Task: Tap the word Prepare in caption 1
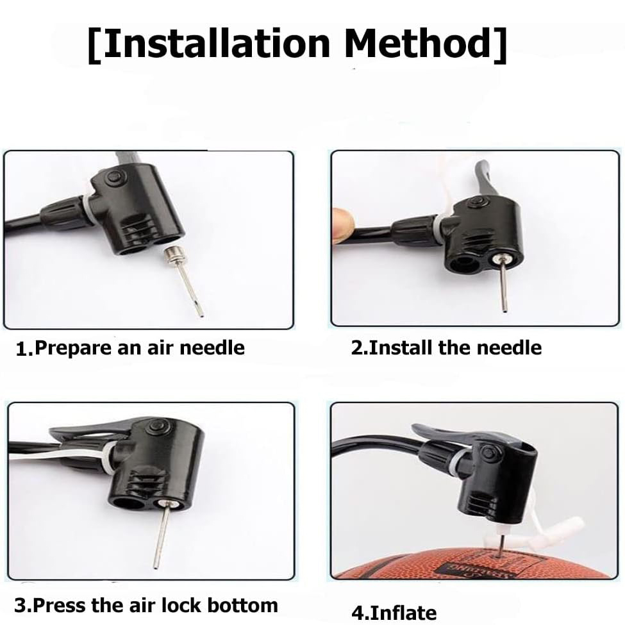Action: tap(73, 348)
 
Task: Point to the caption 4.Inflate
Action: tap(394, 613)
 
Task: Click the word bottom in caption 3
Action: tap(242, 606)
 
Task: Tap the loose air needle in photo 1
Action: tap(185, 280)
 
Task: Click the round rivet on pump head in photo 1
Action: tap(115, 176)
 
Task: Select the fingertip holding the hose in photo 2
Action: tap(344, 224)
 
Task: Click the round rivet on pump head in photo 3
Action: tap(154, 428)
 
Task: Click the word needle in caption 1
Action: tap(212, 348)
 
